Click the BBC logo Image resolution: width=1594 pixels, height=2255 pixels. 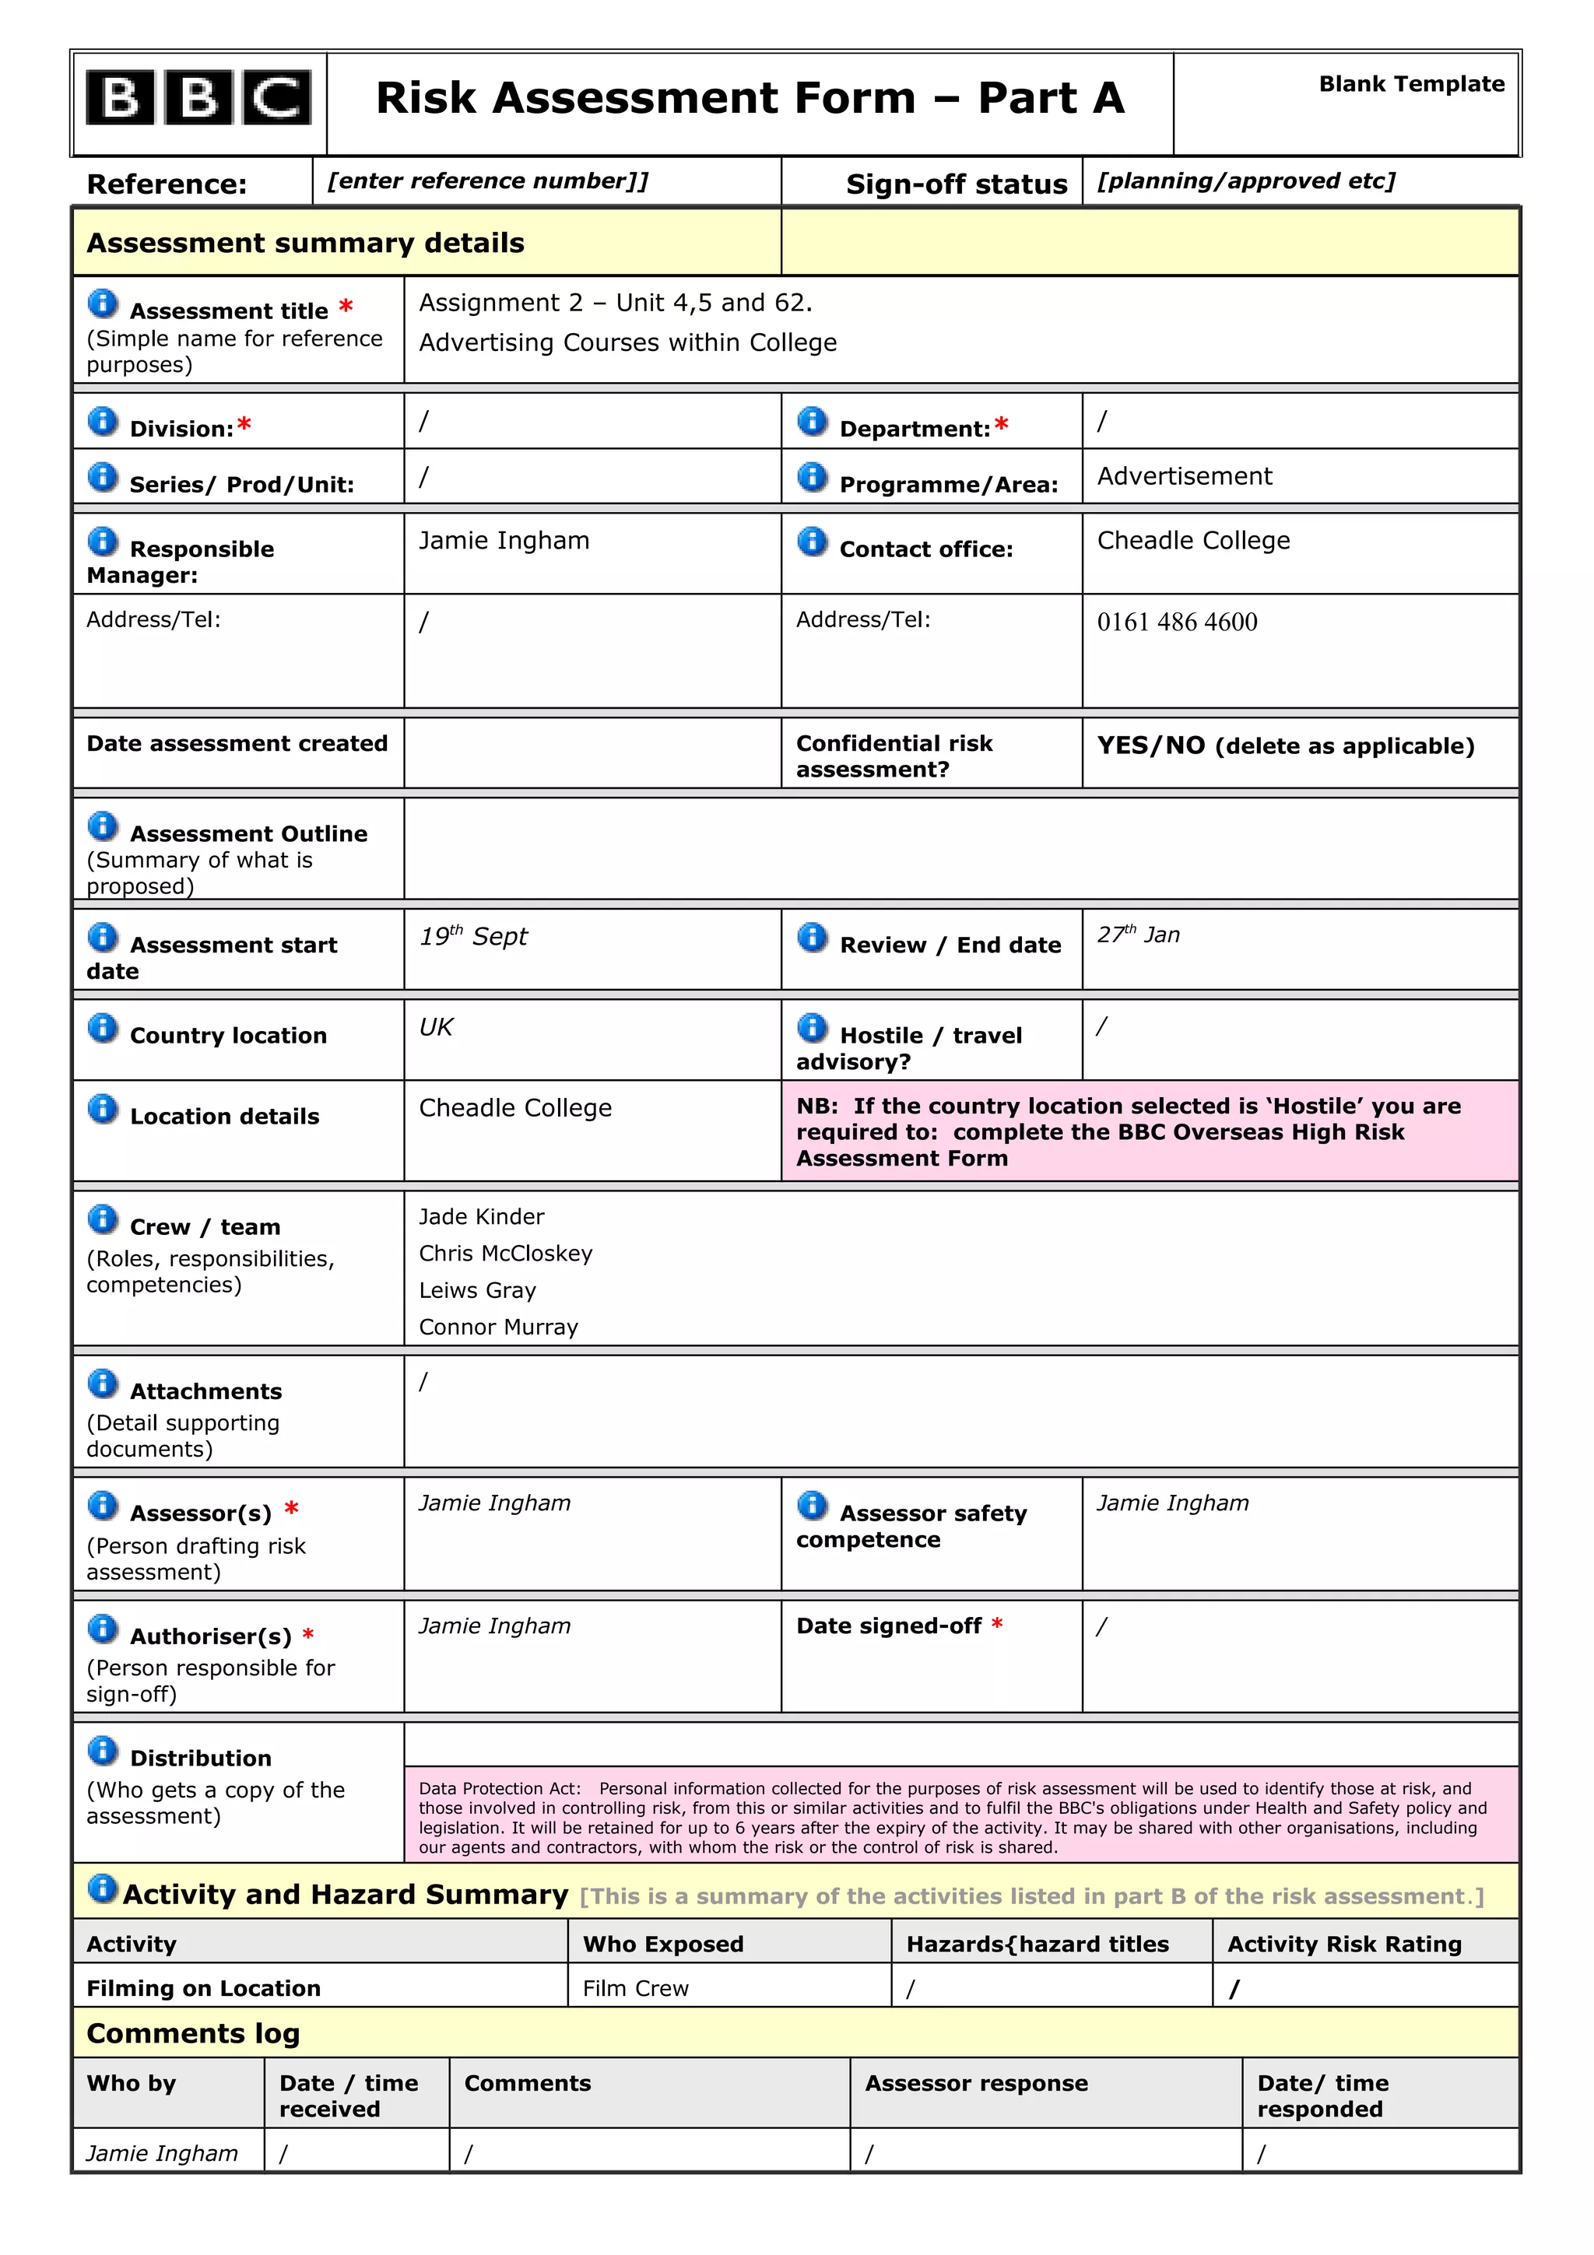tap(198, 98)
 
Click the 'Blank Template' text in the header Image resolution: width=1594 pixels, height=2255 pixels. tap(1410, 85)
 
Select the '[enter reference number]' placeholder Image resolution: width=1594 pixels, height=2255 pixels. tap(487, 181)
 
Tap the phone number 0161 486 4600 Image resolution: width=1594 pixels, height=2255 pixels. tap(1177, 622)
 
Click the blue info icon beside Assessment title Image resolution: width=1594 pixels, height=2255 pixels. tap(102, 304)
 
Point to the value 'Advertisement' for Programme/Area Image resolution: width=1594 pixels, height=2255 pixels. tap(1184, 476)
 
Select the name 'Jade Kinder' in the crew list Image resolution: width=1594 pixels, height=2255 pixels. tap(481, 1217)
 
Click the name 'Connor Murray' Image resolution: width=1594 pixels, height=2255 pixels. tap(498, 1327)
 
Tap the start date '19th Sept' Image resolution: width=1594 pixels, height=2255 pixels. tap(472, 936)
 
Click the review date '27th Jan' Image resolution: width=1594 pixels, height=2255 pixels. tap(1137, 935)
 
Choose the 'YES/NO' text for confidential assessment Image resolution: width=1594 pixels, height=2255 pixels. tap(1150, 745)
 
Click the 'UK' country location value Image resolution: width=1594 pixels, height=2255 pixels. tap(435, 1027)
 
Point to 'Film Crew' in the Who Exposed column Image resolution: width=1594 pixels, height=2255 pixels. tap(635, 1988)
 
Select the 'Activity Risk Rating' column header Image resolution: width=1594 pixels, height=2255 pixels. tap(1343, 1944)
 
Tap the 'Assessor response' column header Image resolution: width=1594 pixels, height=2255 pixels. tap(975, 2083)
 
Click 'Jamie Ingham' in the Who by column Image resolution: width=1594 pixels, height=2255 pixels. tap(162, 2154)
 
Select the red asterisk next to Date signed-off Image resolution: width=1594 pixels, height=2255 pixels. tap(997, 1625)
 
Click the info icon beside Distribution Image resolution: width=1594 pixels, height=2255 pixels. tap(102, 1750)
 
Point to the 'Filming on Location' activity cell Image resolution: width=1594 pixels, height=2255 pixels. tap(203, 1988)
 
